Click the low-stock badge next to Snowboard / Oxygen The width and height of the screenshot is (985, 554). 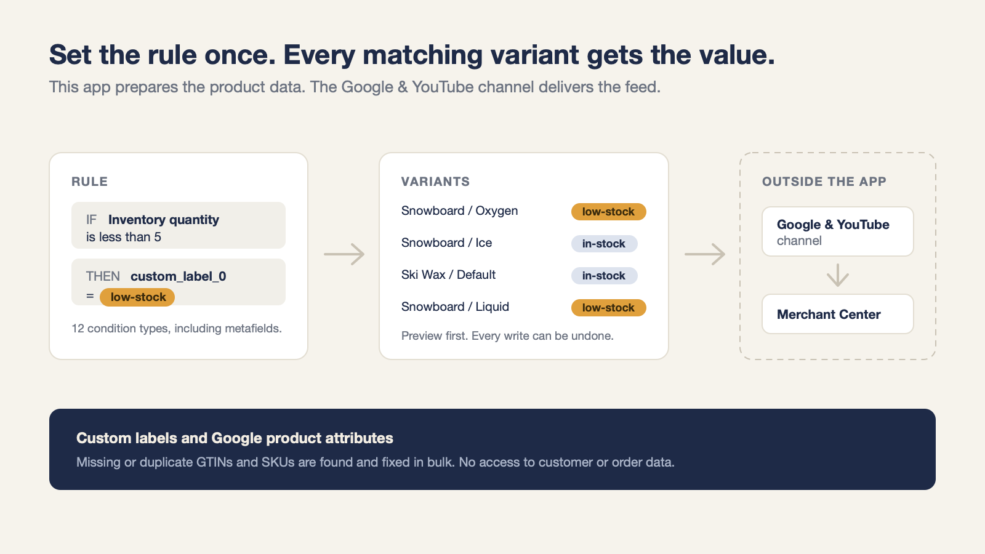point(609,212)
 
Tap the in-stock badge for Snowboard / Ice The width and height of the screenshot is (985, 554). point(604,244)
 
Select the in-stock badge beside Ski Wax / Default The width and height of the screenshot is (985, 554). point(604,276)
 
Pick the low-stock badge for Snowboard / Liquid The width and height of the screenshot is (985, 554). point(609,308)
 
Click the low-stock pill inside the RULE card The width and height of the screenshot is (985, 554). point(137,297)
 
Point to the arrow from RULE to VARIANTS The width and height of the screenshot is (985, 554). point(344,254)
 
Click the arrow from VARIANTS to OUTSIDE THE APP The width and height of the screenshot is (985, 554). point(705,254)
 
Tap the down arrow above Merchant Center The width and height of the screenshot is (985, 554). point(838,275)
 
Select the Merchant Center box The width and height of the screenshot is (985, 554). point(838,314)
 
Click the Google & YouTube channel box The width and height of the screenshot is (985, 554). point(838,231)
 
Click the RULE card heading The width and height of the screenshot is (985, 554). point(90,182)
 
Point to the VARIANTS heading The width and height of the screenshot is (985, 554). point(435,182)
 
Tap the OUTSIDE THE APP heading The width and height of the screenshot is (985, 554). point(824,182)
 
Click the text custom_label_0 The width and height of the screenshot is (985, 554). point(179,276)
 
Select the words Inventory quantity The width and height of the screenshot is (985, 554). point(164,219)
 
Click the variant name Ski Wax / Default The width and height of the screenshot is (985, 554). point(449,275)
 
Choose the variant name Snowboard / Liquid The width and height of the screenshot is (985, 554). point(455,307)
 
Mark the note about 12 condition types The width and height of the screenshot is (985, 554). point(177,329)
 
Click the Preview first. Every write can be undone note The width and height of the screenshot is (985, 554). point(507,336)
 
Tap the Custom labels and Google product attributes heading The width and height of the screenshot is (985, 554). point(235,438)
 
